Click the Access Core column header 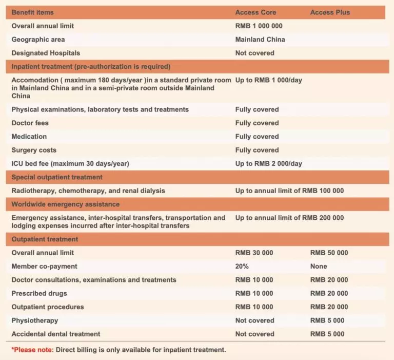[x=255, y=12]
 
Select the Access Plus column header [x=330, y=12]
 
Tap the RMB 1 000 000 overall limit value [x=259, y=26]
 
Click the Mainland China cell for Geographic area [x=260, y=40]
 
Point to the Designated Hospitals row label [x=46, y=53]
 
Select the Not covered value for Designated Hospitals [x=254, y=53]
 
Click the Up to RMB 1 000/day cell [x=268, y=81]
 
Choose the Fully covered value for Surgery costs [x=257, y=150]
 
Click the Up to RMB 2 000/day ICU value [x=268, y=164]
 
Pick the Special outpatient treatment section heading [x=57, y=177]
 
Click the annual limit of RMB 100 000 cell [x=289, y=191]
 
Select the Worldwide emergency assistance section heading [x=65, y=204]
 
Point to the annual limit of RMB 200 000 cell [x=289, y=218]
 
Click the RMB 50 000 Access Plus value [x=329, y=253]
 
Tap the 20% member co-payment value [x=242, y=267]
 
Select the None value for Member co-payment [x=319, y=267]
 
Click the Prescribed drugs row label [x=39, y=294]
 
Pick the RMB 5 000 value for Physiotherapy [x=327, y=320]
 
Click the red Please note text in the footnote [x=32, y=350]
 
